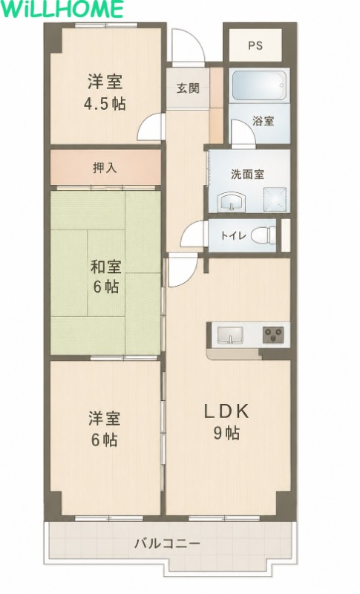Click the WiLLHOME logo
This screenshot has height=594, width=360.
62,9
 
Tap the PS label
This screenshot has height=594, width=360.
255,45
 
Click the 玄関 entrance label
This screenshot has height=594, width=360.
188,88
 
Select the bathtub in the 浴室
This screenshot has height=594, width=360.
259,85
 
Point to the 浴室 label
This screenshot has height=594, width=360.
264,121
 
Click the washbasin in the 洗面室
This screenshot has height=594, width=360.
231,200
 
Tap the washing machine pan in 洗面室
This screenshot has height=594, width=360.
275,198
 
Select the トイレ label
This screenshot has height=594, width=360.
233,235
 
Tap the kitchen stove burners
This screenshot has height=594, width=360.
273,336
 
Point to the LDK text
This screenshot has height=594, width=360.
226,411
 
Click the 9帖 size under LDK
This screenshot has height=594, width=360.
226,433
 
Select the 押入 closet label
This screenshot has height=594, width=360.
105,168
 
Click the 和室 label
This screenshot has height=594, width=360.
106,267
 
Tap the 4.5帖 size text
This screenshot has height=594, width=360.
105,103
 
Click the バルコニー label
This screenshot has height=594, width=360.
168,544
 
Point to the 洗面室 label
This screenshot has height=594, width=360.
248,174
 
